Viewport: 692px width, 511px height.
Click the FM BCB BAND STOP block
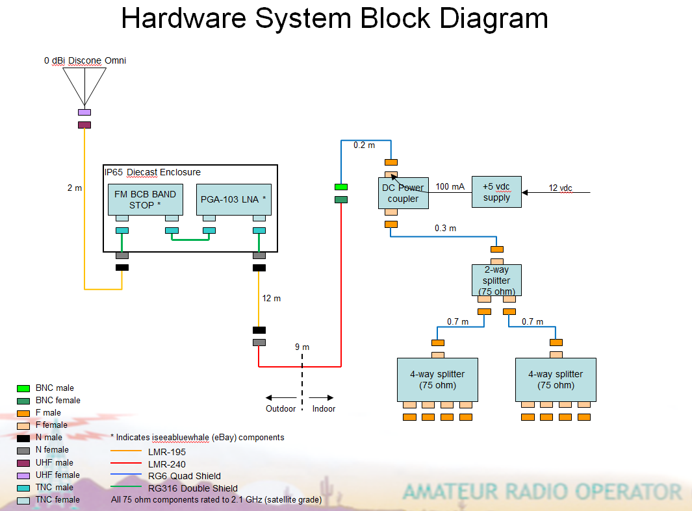pos(145,199)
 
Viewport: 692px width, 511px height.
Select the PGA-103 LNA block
pos(233,199)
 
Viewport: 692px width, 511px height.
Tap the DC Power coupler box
pos(404,193)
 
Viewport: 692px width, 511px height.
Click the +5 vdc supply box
pos(496,192)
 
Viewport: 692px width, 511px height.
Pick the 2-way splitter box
pos(496,280)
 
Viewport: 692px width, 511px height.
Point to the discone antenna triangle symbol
pos(84,86)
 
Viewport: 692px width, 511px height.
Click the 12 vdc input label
pos(560,188)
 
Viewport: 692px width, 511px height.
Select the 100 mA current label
pos(450,186)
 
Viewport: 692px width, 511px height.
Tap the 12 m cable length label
pos(272,299)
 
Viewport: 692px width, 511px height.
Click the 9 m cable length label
pos(302,347)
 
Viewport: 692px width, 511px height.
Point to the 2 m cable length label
pos(75,188)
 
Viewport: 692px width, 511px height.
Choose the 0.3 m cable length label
pos(445,228)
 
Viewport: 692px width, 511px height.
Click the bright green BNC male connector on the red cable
pos(341,187)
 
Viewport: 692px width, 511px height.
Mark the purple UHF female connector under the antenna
pos(84,112)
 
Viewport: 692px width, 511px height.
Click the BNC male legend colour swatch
pos(23,388)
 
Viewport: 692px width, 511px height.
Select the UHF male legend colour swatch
pos(23,463)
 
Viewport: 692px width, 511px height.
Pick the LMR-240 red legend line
pos(126,463)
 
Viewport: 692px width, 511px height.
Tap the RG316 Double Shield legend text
pos(193,488)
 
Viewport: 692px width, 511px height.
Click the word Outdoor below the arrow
pos(281,408)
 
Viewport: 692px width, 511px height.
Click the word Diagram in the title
pos(494,19)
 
